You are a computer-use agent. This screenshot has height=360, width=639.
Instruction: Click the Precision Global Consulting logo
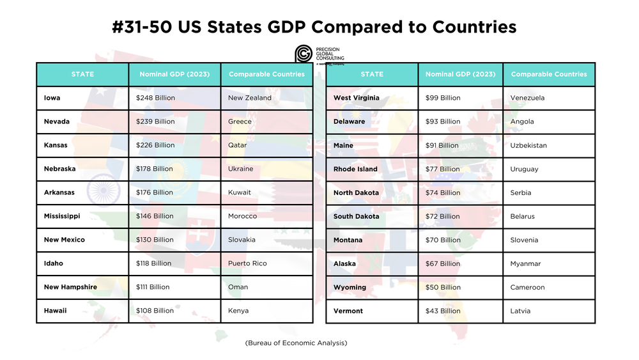click(x=319, y=54)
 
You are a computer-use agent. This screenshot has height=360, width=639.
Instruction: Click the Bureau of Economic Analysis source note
click(x=296, y=343)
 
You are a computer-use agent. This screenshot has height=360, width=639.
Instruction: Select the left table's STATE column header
click(x=82, y=74)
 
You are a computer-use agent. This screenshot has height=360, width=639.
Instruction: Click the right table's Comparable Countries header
click(x=549, y=74)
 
